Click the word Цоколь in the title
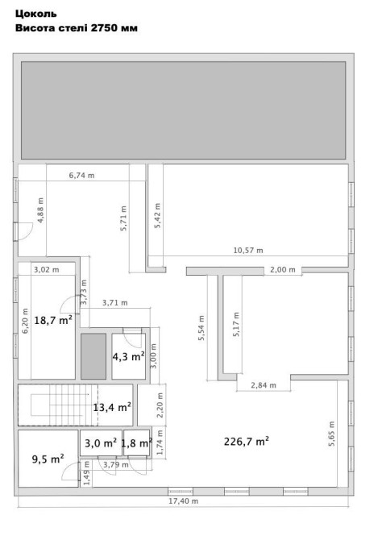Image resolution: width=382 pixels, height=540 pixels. click(35, 14)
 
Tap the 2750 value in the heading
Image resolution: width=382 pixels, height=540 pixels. click(105, 28)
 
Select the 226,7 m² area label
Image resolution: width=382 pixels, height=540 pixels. click(247, 441)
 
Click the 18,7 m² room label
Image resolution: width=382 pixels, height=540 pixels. click(53, 320)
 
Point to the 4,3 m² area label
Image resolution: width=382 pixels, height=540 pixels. click(128, 356)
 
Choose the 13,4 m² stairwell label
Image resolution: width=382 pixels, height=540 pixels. click(112, 407)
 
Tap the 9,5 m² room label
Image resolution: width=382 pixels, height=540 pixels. click(48, 459)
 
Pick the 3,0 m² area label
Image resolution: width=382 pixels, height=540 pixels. click(101, 443)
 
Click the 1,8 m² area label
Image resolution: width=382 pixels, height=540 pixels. click(137, 443)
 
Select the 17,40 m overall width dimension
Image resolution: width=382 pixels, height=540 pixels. click(183, 501)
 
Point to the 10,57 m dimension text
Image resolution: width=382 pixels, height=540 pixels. click(248, 251)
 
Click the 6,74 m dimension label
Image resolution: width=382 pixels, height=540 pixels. click(81, 175)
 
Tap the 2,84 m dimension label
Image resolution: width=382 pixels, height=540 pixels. click(264, 385)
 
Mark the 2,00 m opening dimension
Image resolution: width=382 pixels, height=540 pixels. click(282, 270)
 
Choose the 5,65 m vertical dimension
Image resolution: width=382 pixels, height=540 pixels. click(331, 434)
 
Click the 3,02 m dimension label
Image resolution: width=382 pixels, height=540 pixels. click(46, 270)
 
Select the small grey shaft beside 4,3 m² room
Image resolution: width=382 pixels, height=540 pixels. click(93, 356)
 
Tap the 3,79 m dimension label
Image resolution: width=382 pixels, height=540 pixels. click(116, 464)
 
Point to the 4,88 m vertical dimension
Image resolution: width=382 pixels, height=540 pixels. click(40, 210)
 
